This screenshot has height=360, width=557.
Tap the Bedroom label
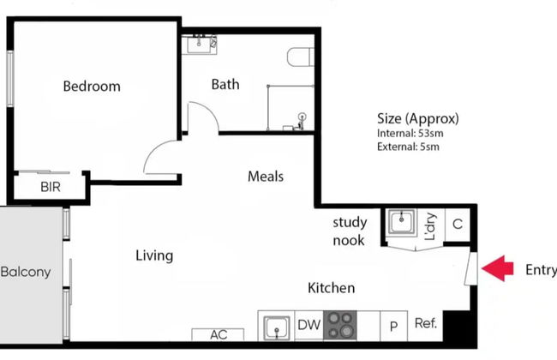click(x=92, y=87)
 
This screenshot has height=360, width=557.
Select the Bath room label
click(x=225, y=84)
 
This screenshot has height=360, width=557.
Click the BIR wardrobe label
click(x=50, y=187)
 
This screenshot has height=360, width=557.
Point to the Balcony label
click(x=25, y=273)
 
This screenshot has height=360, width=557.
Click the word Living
click(x=154, y=255)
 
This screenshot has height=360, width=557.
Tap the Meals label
click(x=266, y=177)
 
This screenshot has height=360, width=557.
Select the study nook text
click(x=349, y=231)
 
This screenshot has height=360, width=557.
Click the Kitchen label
click(x=331, y=288)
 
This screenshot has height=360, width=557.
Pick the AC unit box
click(x=219, y=334)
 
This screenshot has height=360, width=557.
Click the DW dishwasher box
click(x=308, y=325)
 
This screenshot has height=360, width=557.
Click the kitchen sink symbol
click(x=275, y=327)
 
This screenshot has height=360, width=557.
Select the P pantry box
click(x=393, y=326)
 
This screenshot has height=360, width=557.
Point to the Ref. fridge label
click(x=426, y=324)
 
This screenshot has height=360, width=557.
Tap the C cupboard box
click(x=457, y=225)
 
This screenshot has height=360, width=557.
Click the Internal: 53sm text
click(x=410, y=134)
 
